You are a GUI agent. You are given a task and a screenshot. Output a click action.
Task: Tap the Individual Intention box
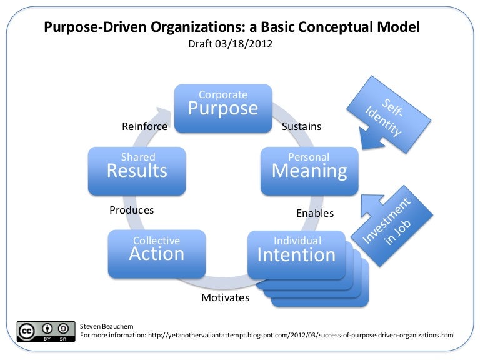click(x=297, y=252)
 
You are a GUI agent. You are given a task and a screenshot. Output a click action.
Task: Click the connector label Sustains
click(x=301, y=126)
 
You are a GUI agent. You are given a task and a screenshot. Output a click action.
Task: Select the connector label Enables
click(x=314, y=213)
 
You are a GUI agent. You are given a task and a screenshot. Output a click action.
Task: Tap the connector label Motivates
click(x=225, y=297)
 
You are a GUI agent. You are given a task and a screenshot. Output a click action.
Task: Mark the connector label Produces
click(x=131, y=210)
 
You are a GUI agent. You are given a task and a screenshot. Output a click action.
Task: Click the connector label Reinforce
click(x=144, y=126)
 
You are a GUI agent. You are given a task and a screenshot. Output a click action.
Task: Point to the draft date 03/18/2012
click(x=230, y=45)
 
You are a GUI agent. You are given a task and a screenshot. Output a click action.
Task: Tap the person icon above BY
click(x=46, y=328)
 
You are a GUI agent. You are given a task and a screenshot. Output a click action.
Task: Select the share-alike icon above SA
click(x=62, y=328)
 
